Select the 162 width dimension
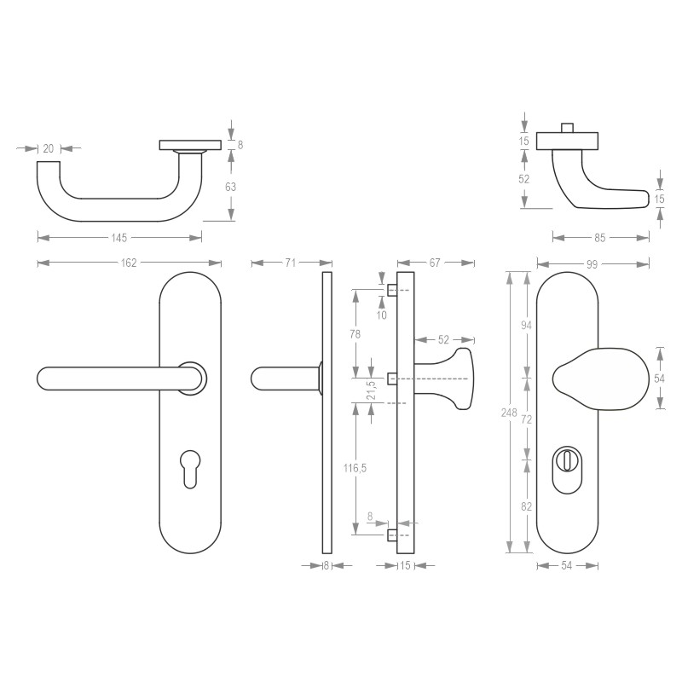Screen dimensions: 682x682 point(128,263)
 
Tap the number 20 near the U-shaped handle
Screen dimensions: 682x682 point(48,148)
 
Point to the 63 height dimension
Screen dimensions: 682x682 point(230,187)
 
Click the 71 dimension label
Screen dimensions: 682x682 point(290,263)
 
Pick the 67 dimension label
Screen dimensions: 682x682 point(435,263)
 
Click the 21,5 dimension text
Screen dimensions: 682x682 point(371,390)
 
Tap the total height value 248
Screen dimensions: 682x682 point(509,413)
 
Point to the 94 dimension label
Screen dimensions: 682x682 point(526,324)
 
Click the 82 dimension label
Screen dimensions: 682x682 point(526,506)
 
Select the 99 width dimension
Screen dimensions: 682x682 point(592,263)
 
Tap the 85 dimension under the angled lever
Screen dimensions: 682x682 point(600,238)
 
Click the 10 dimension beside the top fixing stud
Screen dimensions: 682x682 point(382,315)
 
